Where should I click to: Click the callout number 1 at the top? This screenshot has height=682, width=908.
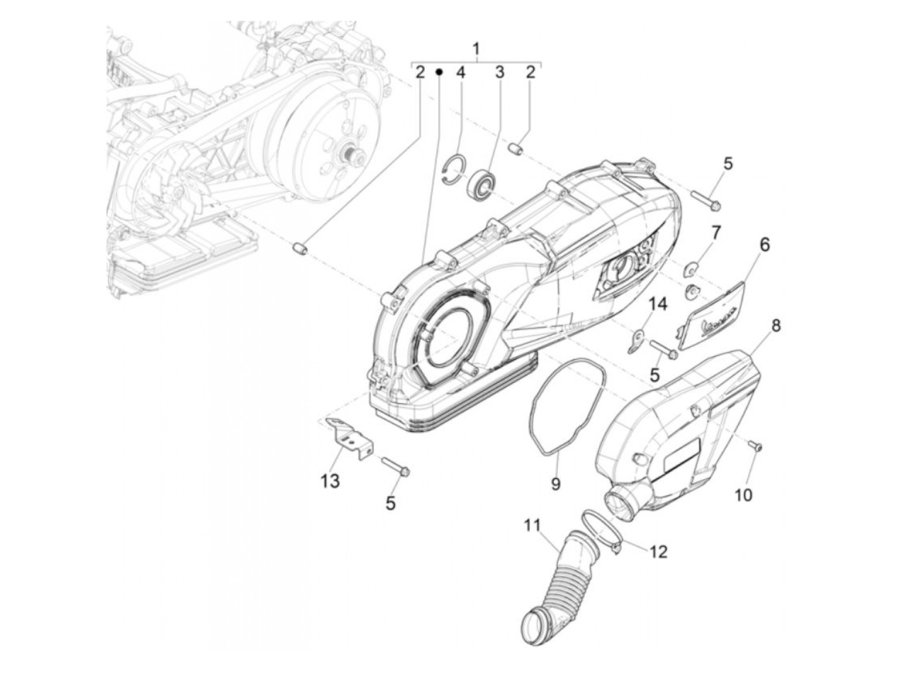coord(475,49)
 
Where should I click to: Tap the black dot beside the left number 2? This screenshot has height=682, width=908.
coord(440,73)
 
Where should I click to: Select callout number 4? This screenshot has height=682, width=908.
coord(460,73)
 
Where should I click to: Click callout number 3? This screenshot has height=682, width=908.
coord(499,73)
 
